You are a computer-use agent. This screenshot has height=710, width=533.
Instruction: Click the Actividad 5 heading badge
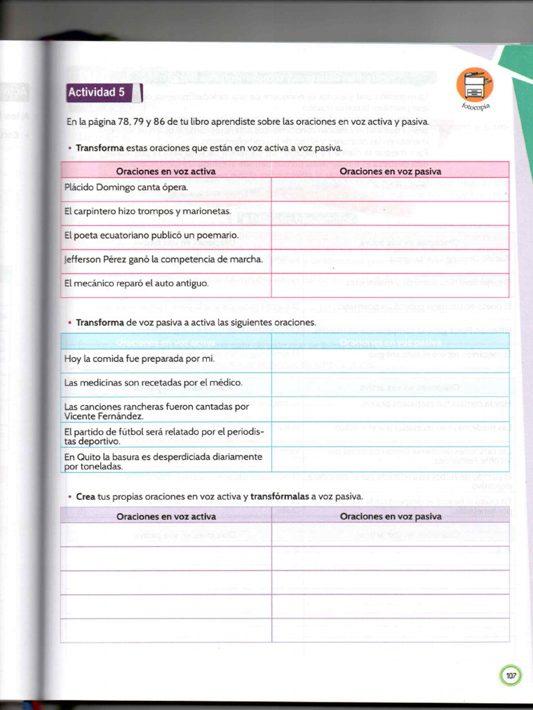96,93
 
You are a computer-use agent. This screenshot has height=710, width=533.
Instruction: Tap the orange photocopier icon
475,85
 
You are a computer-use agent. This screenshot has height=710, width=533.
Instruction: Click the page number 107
510,675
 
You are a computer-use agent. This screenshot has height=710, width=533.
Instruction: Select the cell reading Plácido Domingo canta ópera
126,187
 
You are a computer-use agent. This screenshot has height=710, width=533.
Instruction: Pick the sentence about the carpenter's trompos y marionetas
147,211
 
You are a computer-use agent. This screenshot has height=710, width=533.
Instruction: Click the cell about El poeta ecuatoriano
151,235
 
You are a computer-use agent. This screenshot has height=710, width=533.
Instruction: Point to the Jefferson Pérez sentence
164,259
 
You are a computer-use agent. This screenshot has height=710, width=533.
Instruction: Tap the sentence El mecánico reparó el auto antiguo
136,283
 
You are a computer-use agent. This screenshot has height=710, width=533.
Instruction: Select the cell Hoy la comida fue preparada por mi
139,358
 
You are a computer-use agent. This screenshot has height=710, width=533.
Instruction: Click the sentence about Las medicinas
153,383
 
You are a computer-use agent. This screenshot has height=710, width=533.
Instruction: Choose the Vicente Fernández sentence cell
156,411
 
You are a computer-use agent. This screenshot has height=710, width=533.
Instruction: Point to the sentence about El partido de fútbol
164,436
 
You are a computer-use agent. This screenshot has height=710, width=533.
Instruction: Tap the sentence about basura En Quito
163,461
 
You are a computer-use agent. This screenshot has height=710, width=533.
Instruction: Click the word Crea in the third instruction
85,496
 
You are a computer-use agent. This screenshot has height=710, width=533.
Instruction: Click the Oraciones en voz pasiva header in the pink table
390,171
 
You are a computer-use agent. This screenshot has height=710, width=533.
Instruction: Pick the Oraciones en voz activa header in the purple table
166,517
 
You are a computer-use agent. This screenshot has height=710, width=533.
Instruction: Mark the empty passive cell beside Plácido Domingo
390,188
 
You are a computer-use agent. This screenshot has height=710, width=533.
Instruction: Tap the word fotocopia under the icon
476,106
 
